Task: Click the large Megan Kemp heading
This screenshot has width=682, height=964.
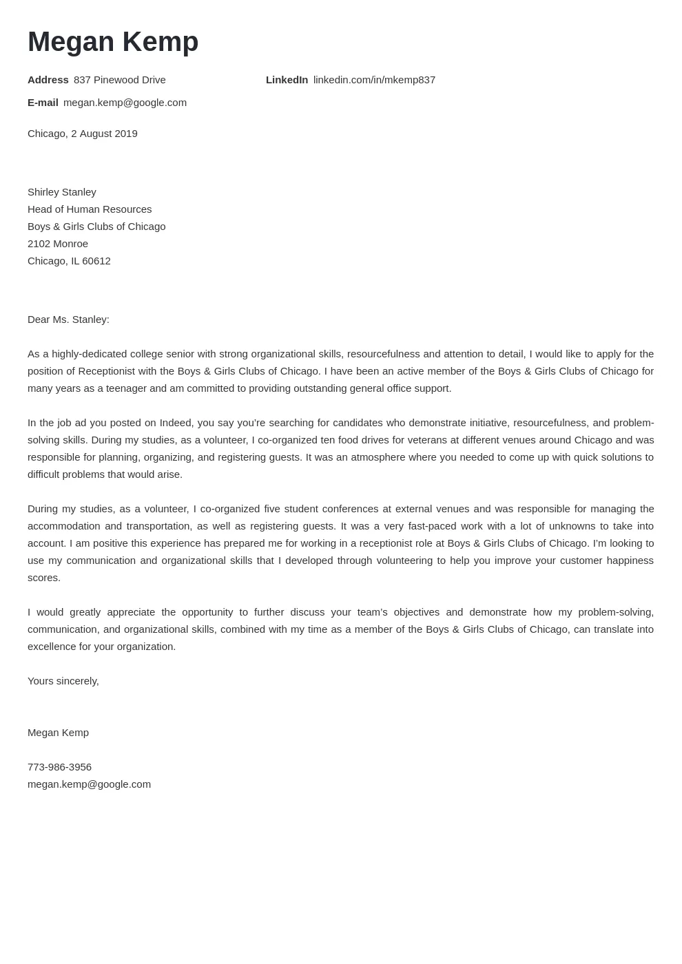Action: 113,42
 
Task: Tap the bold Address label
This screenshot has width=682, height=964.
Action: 48,80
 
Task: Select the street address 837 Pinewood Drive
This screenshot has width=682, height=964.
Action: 120,80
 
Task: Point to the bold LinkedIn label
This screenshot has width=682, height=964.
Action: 287,80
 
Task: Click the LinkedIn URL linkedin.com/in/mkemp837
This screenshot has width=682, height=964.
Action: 374,80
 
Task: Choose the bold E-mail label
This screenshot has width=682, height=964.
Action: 43,103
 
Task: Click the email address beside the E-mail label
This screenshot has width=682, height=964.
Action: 125,103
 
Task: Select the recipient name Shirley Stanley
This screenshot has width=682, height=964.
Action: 62,192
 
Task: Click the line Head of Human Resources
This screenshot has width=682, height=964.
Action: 90,209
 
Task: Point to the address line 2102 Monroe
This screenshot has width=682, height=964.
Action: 58,244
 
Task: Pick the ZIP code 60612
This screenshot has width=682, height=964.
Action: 96,261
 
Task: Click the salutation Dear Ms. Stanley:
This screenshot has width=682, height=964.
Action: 68,319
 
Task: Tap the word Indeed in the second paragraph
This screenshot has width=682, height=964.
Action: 176,423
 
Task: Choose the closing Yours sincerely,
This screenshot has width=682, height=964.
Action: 63,681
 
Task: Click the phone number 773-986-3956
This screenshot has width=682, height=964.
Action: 59,767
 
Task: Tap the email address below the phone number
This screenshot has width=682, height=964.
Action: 89,784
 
